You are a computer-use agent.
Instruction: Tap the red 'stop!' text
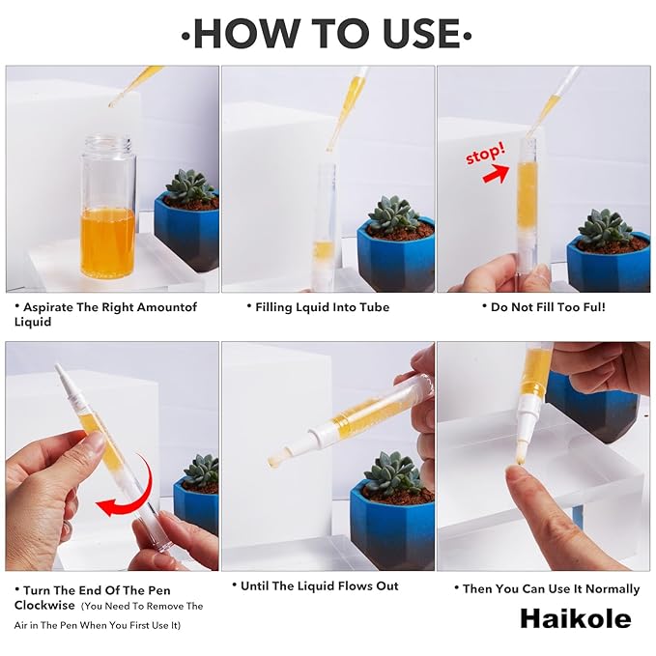[485, 153]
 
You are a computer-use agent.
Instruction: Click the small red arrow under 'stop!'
[497, 173]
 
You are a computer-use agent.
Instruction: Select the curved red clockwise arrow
[138, 494]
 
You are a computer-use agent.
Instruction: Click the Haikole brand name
[576, 618]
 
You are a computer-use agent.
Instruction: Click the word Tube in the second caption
[375, 307]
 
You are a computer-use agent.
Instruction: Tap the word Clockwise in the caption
[44, 606]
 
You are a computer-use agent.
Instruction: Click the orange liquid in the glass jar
[107, 242]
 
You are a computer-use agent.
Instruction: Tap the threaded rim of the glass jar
[109, 143]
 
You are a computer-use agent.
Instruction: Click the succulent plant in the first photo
[190, 187]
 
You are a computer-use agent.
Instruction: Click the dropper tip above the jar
[112, 103]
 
